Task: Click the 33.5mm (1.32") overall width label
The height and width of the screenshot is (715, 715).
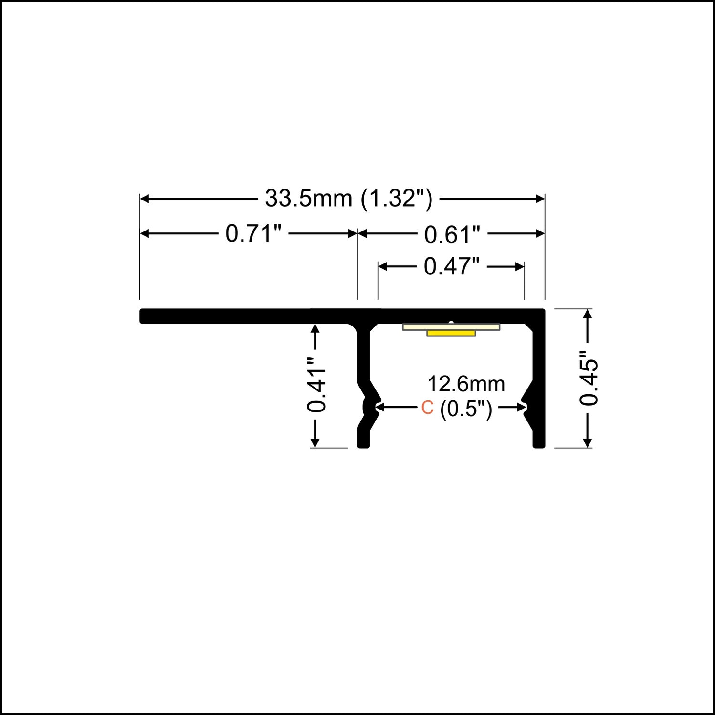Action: (348, 199)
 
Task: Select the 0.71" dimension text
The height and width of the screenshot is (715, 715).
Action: (253, 234)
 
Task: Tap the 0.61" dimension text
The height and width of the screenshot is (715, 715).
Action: (452, 235)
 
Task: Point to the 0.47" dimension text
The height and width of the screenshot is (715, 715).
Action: (452, 266)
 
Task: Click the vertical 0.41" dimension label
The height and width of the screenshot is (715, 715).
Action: (316, 384)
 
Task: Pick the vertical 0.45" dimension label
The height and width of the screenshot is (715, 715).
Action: (589, 379)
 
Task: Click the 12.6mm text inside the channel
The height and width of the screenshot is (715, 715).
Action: (466, 384)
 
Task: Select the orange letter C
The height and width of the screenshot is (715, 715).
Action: (427, 408)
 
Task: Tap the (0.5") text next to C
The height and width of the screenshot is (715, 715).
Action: (466, 409)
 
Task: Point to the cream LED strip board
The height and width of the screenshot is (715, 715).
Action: (451, 327)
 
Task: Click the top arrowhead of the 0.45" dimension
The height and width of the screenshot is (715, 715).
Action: (588, 314)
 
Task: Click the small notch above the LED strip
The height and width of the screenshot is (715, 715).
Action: (451, 322)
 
